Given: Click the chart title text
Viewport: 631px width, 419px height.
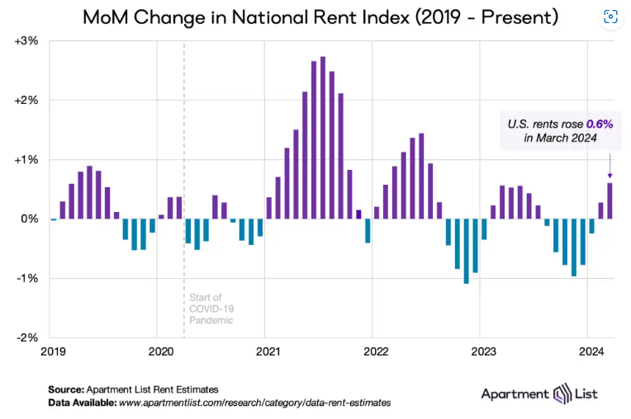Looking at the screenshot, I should pos(307,16).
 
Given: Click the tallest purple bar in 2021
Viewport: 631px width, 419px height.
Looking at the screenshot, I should pos(323,138).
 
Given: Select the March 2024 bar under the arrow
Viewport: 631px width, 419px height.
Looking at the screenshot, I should pos(610,200).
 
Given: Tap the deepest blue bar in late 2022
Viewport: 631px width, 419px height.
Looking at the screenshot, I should pos(467,251).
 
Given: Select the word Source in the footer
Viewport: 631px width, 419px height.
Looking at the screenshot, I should pos(64,388).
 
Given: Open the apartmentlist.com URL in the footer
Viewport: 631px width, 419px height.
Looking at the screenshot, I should pos(254,403).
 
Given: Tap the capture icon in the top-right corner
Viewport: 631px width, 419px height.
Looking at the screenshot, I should pos(610,16).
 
